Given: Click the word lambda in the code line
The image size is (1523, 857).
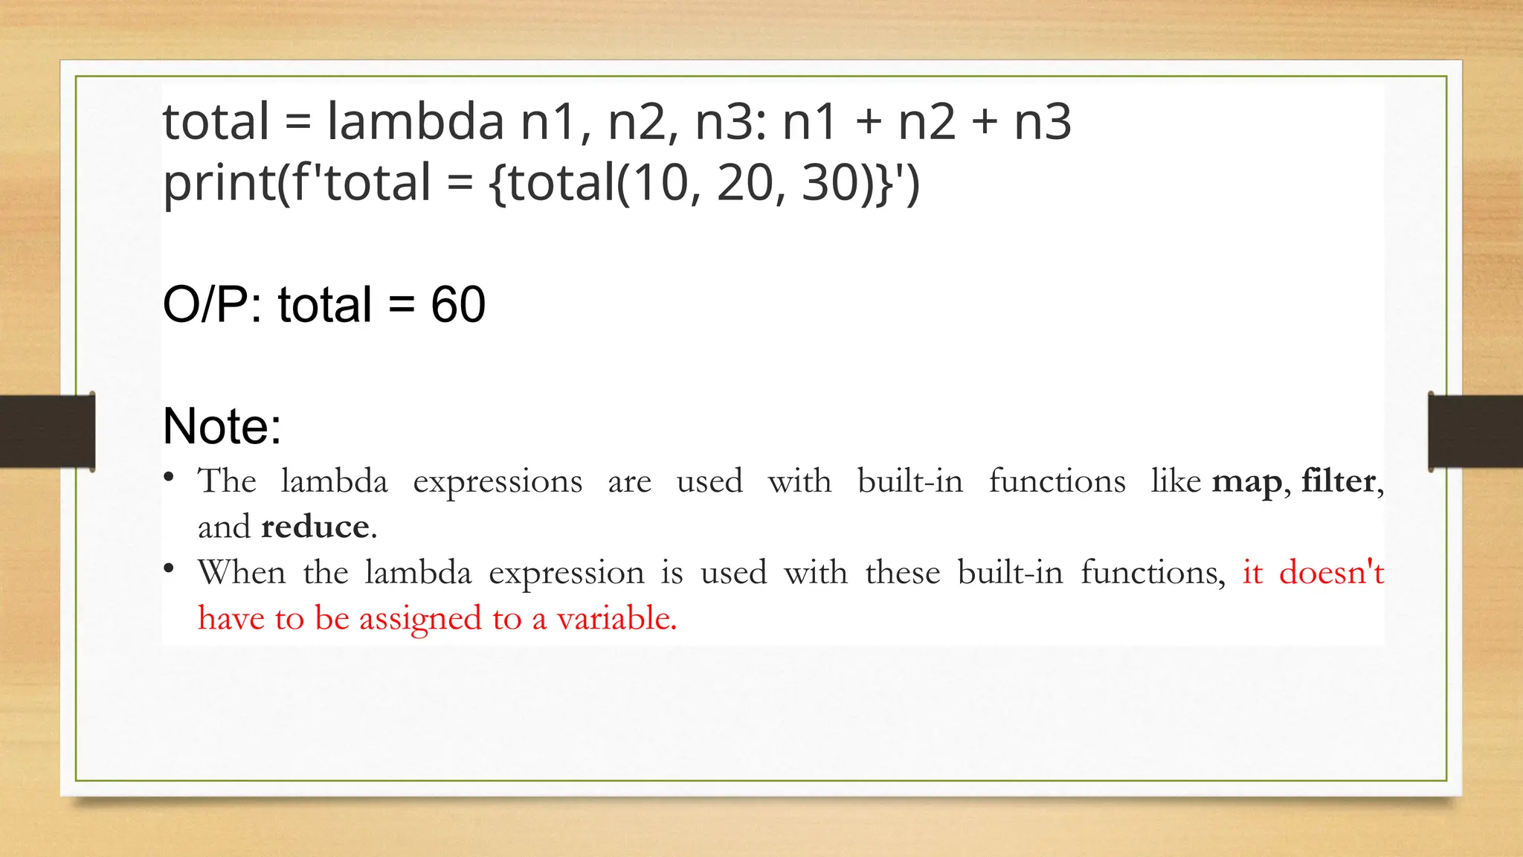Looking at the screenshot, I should click(x=415, y=121).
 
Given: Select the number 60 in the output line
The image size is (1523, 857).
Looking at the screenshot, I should click(x=458, y=304).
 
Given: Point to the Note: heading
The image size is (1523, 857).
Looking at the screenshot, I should click(x=222, y=426).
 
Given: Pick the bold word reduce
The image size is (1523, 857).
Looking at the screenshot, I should click(x=315, y=527).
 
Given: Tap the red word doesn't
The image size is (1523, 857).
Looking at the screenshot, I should click(x=1331, y=572).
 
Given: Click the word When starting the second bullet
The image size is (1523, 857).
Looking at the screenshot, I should click(x=242, y=573).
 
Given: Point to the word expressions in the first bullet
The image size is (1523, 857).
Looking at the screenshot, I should click(x=498, y=482).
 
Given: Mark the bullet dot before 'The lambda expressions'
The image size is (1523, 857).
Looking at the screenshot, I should click(x=170, y=477).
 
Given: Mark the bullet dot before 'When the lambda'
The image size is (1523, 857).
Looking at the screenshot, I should click(x=170, y=569).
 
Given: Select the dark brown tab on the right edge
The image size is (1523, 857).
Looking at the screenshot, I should click(x=1475, y=431).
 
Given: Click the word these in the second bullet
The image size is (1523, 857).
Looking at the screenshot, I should click(x=902, y=573).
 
